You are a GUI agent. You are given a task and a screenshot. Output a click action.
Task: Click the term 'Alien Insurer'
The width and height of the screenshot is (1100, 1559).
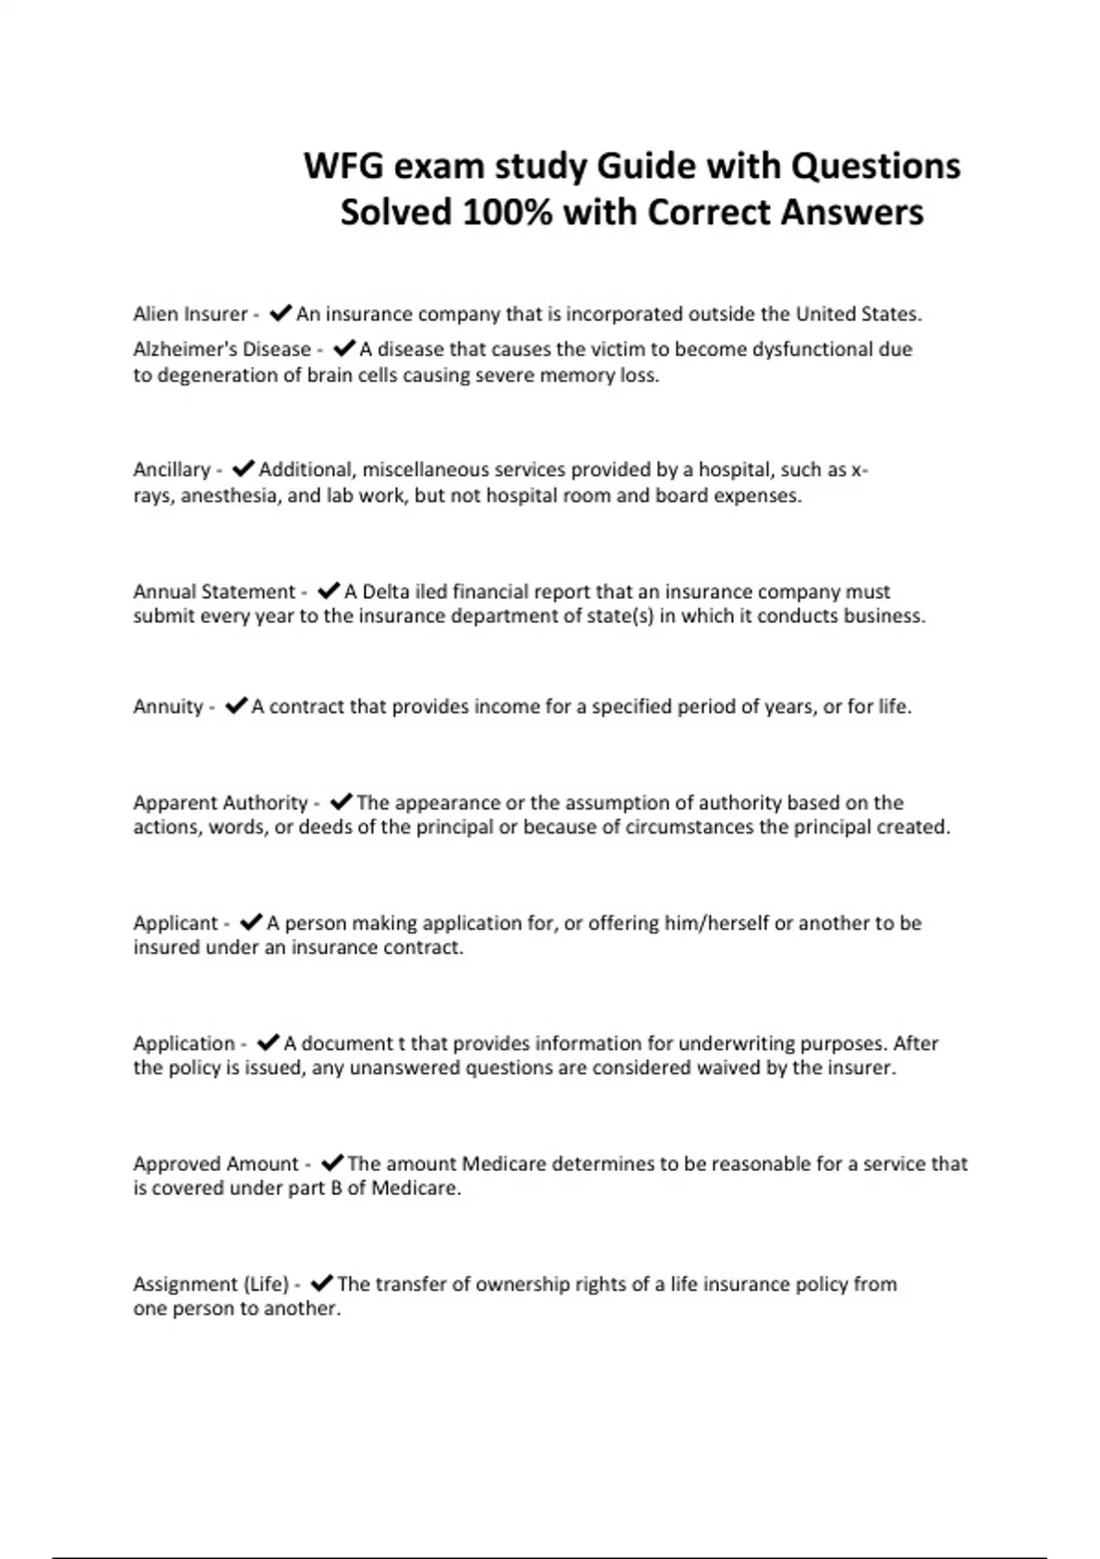point(190,315)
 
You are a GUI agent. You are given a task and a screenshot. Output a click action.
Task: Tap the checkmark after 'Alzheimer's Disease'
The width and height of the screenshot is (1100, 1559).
point(344,348)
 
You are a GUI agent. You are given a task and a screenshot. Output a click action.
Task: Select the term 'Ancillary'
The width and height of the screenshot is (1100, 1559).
point(171,470)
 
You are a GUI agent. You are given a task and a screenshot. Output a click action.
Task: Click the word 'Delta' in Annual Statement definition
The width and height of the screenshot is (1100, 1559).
point(385,592)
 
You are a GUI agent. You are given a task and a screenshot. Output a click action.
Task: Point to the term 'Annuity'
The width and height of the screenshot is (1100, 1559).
point(168,707)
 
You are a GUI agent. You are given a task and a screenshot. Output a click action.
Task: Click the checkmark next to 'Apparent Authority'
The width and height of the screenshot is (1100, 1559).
point(341,802)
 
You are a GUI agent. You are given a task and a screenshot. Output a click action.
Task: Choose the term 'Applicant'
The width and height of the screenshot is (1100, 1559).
point(176,923)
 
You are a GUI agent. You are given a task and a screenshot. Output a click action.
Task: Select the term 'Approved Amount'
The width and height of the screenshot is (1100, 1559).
point(215,1164)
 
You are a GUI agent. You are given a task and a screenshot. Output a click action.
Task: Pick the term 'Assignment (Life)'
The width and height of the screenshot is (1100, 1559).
point(211,1284)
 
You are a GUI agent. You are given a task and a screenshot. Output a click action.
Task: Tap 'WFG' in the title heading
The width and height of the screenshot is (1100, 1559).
point(343,167)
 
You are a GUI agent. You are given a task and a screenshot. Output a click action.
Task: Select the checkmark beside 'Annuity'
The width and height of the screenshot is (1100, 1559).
point(236,706)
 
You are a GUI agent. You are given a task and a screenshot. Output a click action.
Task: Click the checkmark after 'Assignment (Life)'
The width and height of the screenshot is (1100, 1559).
point(322,1283)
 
